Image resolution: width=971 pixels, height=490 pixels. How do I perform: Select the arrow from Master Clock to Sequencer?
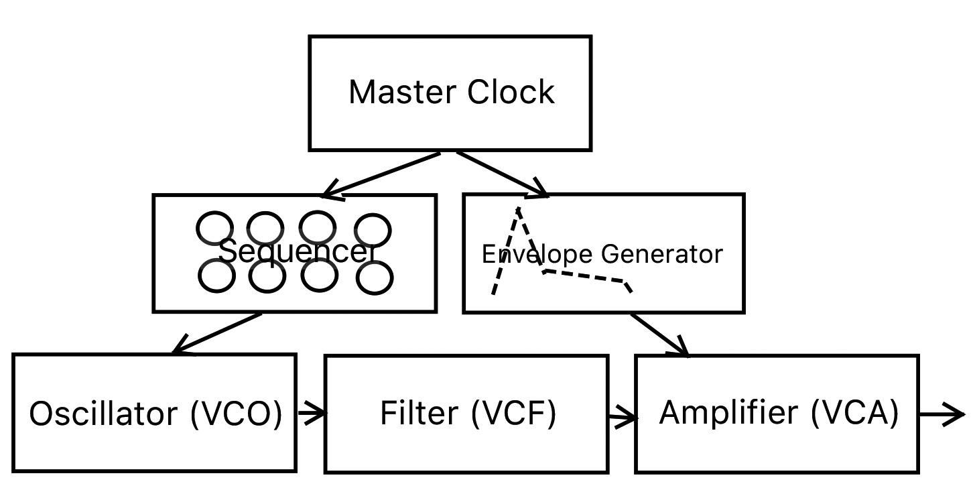click(x=382, y=175)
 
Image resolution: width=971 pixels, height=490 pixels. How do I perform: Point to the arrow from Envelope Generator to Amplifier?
click(x=659, y=333)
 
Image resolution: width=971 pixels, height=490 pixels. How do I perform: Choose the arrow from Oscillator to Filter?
click(x=310, y=414)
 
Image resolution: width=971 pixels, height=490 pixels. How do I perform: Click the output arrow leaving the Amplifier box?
click(x=942, y=415)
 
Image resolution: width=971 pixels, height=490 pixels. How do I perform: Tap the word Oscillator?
click(x=105, y=414)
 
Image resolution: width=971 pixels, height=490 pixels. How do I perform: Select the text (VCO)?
click(x=236, y=414)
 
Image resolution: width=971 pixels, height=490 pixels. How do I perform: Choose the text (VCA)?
click(x=854, y=412)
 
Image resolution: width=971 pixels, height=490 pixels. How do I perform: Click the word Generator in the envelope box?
click(x=661, y=254)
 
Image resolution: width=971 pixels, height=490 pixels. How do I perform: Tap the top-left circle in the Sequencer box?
click(x=215, y=228)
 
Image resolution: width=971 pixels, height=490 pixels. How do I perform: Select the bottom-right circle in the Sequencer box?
click(x=375, y=278)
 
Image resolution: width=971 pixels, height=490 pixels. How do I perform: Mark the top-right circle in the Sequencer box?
click(x=373, y=230)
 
